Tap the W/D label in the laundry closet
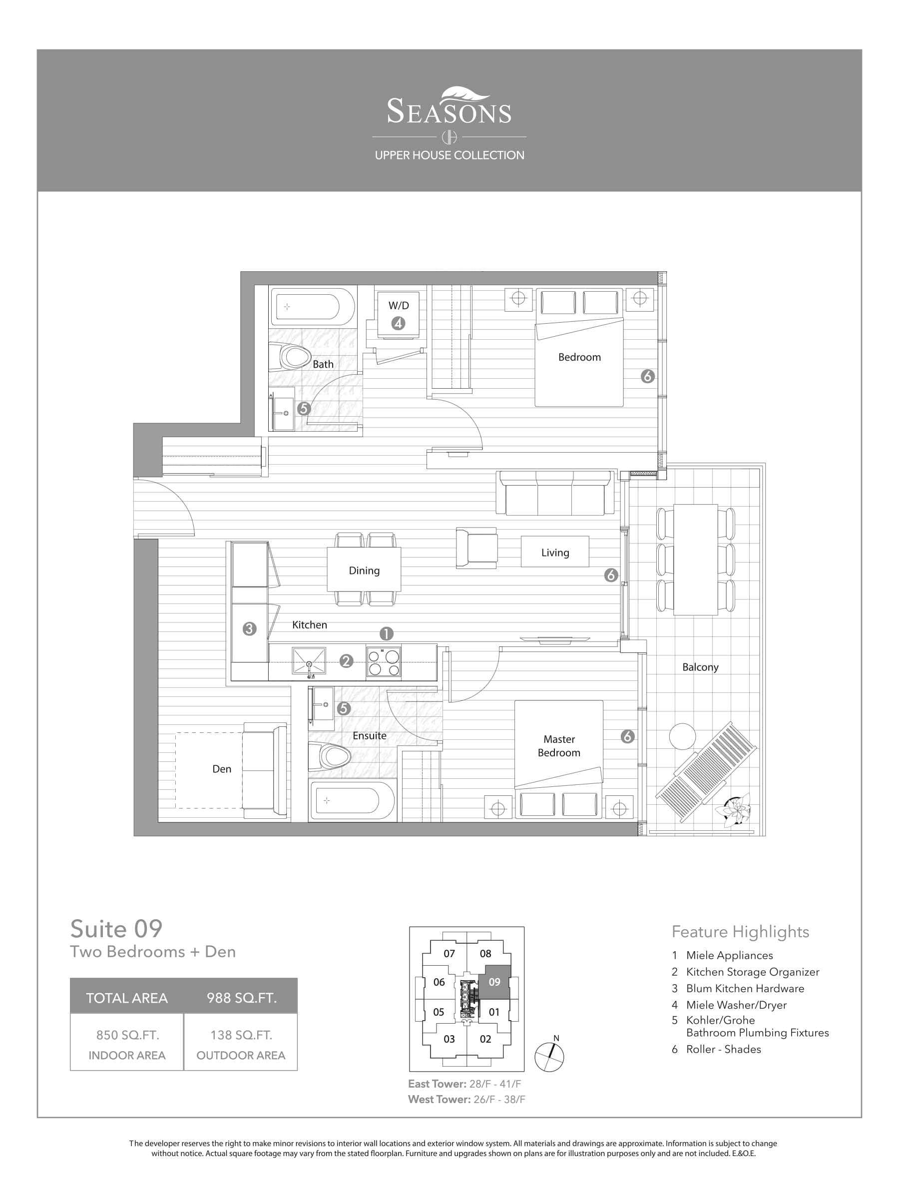coord(398,306)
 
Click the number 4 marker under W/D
coord(398,324)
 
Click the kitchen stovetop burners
coord(384,663)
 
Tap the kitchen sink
coord(309,661)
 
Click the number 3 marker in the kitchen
coord(249,629)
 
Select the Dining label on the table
coord(364,570)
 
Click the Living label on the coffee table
coord(555,553)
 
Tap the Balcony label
coord(700,667)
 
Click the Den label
coord(222,769)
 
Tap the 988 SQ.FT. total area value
coord(242,998)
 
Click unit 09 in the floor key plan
coord(495,982)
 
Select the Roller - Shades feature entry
coord(723,1049)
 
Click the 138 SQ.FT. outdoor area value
coord(241,1035)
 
